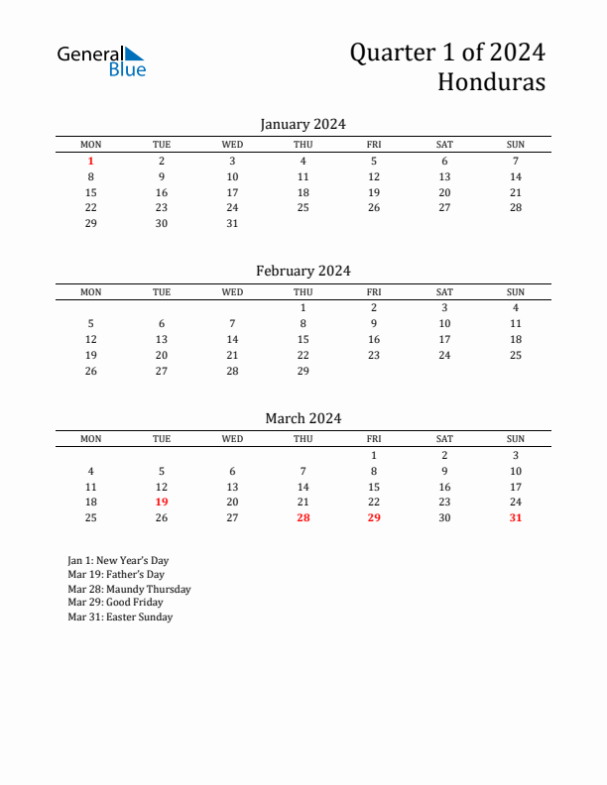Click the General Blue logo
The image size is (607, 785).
point(101,60)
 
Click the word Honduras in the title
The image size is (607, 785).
point(491,82)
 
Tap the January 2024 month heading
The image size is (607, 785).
point(303,124)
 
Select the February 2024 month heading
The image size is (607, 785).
point(303,271)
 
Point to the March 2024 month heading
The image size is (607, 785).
point(303,418)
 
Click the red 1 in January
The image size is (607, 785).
point(91,161)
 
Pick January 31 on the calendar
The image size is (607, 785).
point(232,223)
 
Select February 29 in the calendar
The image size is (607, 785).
point(303,371)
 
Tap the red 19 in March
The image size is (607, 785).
point(162,503)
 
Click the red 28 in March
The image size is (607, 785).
point(303,517)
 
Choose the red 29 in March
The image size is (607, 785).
point(374,517)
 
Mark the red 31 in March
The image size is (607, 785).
point(516,517)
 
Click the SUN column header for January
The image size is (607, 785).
point(516,145)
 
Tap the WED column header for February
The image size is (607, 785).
point(232,292)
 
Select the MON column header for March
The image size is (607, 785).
point(91,439)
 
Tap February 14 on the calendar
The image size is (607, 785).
point(232,339)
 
